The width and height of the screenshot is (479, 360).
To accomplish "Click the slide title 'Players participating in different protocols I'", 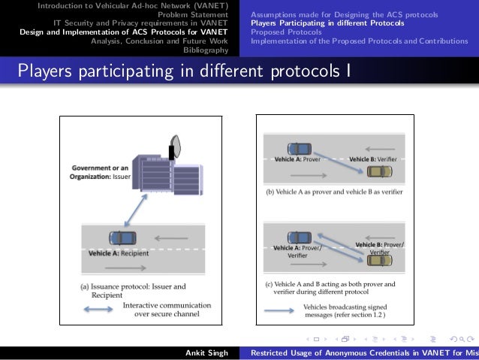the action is coord(183,72).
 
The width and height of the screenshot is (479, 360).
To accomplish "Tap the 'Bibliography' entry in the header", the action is coord(206,50).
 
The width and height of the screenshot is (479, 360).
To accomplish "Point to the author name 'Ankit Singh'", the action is coord(206,352).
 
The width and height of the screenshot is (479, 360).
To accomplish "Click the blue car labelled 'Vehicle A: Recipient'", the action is coord(122,237).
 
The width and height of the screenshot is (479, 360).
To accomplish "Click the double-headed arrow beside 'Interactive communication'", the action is coord(98,310).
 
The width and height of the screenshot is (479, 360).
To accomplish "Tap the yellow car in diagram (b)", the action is coord(379,171).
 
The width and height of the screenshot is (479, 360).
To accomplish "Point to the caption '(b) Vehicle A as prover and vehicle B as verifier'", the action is coord(334,192).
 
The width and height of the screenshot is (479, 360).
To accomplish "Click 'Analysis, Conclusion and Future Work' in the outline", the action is coord(159,41).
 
